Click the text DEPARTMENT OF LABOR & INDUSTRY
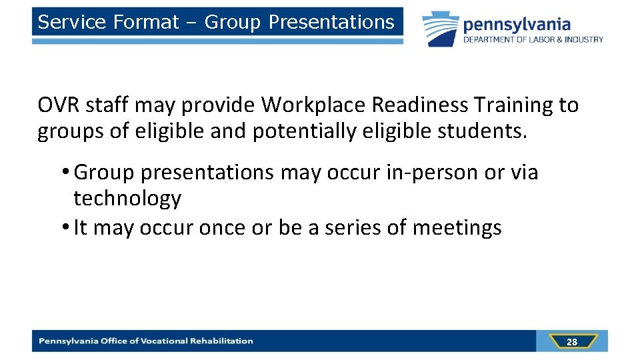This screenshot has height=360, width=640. tap(533, 39)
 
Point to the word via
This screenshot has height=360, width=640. tap(524, 173)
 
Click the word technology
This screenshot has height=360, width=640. tap(127, 199)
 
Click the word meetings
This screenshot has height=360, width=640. tap(457, 228)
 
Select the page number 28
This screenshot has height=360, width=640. tap(571, 342)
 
